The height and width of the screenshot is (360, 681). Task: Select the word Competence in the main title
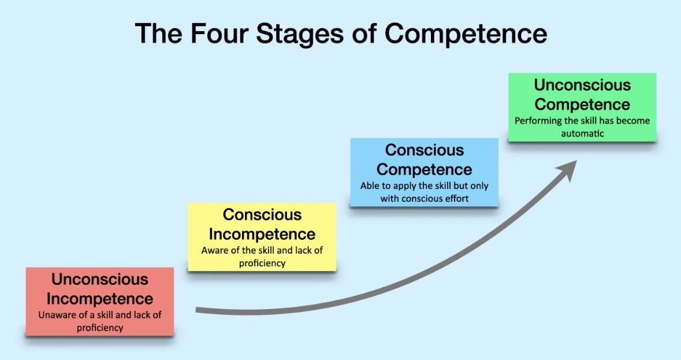pos(466,34)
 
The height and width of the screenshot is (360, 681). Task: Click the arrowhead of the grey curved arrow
pos(568,169)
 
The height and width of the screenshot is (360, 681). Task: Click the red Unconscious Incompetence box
pos(100,300)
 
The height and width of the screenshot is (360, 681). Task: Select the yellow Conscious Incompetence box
pos(262,236)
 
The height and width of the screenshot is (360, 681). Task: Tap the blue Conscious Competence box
pos(425,172)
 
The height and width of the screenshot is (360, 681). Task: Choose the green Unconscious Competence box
pos(582,107)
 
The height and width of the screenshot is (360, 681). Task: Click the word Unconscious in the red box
pos(100,280)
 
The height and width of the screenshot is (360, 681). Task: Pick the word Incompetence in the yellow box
pos(262,235)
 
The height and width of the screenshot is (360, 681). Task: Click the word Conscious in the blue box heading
pos(425,150)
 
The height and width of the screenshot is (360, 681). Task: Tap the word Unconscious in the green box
pos(582,86)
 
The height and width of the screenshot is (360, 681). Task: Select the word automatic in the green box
pos(582,133)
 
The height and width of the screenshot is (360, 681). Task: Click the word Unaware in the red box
pos(56,316)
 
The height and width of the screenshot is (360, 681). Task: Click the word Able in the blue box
pos(370,186)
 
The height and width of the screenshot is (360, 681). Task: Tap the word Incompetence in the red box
pos(100,299)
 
